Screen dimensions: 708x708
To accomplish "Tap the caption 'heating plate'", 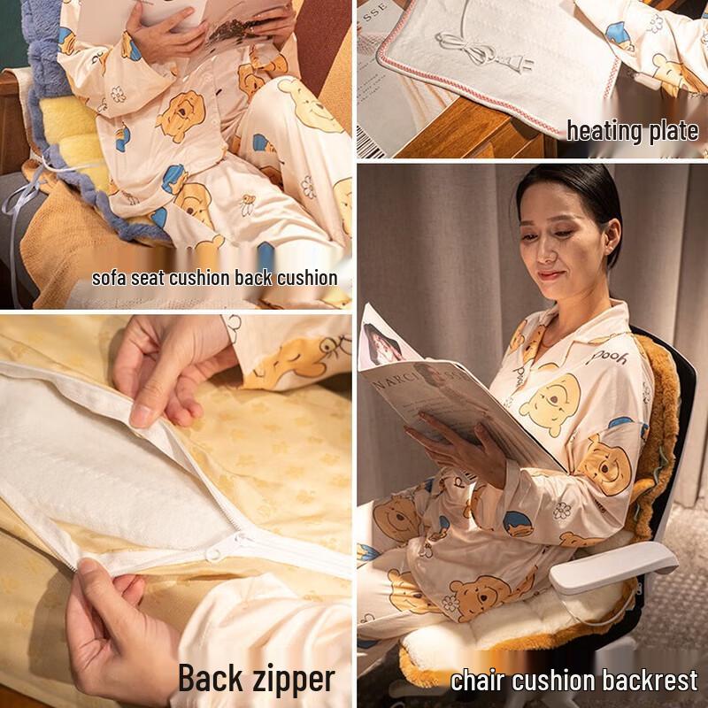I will [x=633, y=131].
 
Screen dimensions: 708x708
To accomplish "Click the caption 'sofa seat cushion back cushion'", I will [x=215, y=278].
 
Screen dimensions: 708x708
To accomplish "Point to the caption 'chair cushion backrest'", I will [x=574, y=681].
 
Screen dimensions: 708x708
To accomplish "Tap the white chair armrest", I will [x=613, y=567].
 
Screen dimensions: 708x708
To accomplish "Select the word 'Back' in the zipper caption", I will [x=212, y=679].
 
